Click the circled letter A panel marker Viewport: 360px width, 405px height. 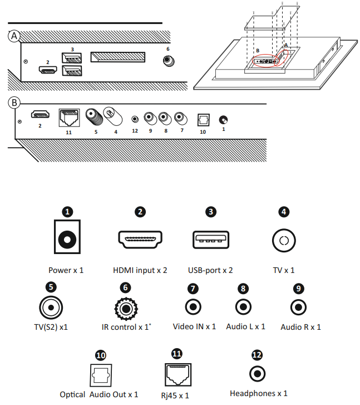15,36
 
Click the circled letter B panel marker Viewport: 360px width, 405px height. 15,103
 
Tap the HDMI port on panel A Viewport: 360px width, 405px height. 48,70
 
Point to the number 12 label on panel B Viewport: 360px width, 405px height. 135,131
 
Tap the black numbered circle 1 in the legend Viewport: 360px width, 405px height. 67,212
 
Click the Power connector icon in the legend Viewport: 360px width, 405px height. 67,240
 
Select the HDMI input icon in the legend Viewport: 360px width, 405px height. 140,240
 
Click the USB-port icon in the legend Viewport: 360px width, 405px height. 210,240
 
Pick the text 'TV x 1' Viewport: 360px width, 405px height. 283,270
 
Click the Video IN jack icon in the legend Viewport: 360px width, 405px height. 193,306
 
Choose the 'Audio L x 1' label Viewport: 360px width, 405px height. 245,326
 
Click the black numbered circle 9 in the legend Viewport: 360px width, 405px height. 299,289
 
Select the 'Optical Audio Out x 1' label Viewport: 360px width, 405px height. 100,394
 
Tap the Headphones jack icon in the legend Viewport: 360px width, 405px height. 257,374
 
